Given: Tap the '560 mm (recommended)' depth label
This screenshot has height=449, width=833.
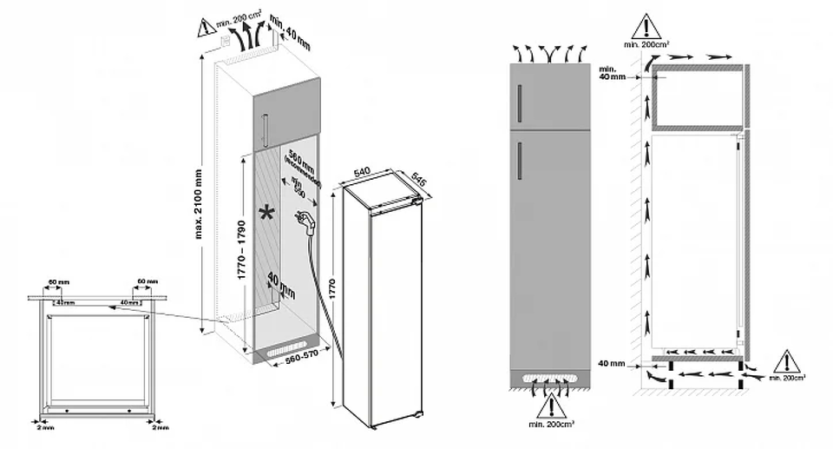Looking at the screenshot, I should point(305,165).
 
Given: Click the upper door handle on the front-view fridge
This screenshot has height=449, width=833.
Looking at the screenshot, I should point(518,106).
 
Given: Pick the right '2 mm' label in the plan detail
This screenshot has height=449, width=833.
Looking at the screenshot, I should point(160,427).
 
